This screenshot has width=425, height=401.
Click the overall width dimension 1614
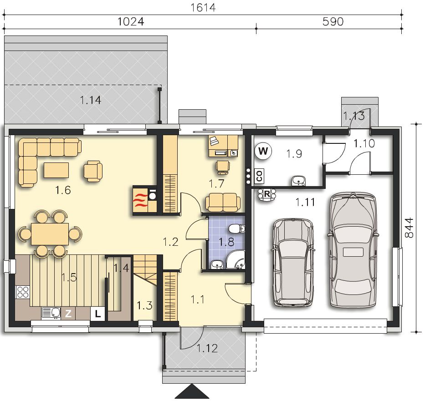coord(203,7)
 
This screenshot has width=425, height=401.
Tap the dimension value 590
coord(333,21)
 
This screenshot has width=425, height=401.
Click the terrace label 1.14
coord(91,100)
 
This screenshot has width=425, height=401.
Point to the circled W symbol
coord(263,151)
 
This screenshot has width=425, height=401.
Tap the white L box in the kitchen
coord(97,314)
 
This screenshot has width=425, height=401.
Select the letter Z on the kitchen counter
coord(68,314)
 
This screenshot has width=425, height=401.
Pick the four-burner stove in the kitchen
coord(22,292)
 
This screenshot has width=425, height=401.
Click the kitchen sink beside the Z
coord(51,313)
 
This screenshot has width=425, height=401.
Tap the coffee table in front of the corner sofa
coord(56,170)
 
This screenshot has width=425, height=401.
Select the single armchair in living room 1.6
coord(93,171)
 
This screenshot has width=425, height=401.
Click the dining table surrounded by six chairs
coord(50,234)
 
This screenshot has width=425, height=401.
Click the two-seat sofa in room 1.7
coord(223,202)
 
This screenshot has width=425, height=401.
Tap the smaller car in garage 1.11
coord(293,263)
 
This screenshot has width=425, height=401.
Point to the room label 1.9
coord(294,154)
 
